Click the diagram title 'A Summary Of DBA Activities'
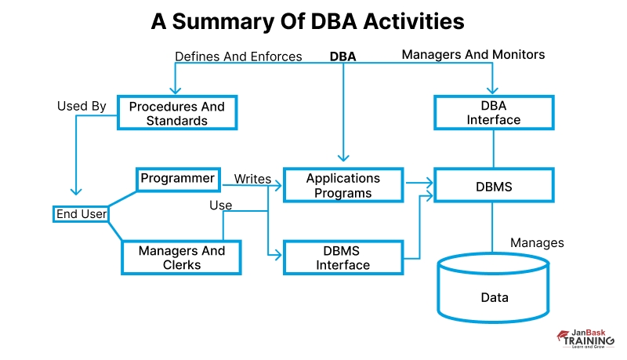click(x=307, y=22)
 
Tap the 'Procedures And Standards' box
click(x=177, y=114)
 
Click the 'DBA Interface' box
click(x=494, y=113)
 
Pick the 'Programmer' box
click(x=177, y=179)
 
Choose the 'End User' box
click(x=82, y=213)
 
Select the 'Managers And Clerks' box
click(x=181, y=257)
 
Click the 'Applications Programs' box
click(x=342, y=186)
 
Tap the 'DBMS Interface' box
click(x=342, y=258)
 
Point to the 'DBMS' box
click(x=494, y=187)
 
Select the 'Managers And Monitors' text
click(x=473, y=55)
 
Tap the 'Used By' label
click(x=82, y=106)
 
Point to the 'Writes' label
click(x=252, y=180)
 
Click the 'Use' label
click(x=220, y=205)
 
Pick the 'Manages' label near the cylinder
click(x=537, y=243)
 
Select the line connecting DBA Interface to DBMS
click(x=494, y=149)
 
